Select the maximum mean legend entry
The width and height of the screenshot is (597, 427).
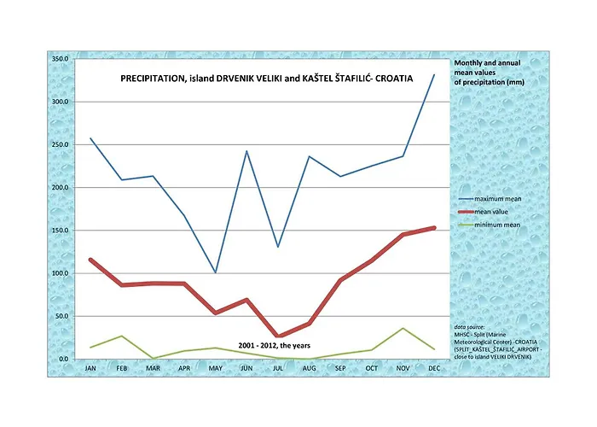pos(497,199)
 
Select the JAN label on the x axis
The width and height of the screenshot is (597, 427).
pos(90,369)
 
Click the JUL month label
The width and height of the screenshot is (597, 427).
pos(278,369)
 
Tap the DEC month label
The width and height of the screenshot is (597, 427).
pos(435,369)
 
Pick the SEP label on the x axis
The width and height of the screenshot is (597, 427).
pos(340,369)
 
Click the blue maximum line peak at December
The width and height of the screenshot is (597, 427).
pos(434,74)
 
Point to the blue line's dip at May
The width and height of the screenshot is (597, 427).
pos(216,272)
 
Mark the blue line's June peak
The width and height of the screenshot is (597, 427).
pos(246,151)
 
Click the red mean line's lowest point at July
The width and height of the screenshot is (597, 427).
pos(278,336)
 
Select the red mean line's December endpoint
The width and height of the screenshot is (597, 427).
pos(434,228)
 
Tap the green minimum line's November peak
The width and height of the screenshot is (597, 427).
pos(403,328)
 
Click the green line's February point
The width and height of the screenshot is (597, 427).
pos(121,336)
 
